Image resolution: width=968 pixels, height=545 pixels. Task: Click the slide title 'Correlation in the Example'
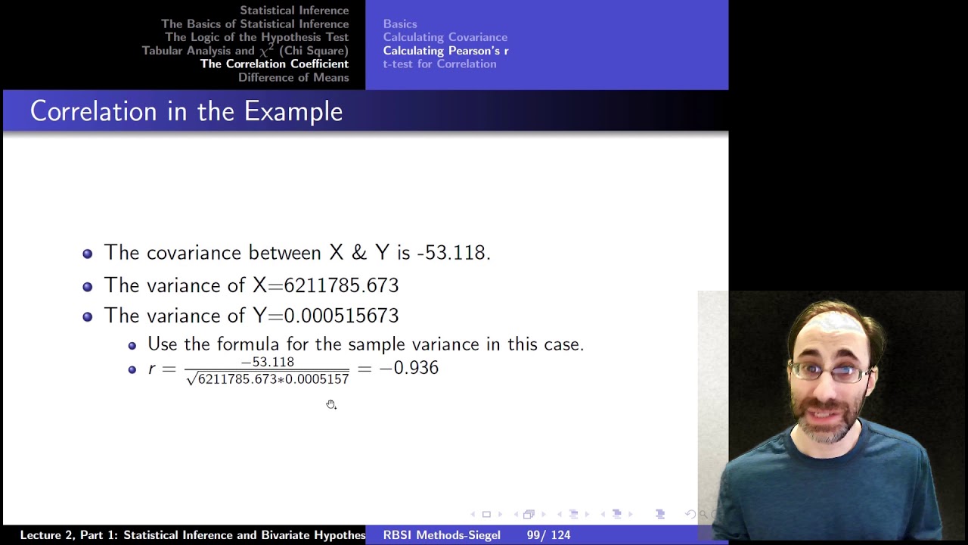click(x=186, y=111)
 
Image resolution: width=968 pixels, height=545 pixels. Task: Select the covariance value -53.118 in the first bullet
click(x=453, y=253)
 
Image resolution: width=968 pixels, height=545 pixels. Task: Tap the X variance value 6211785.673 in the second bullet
click(x=341, y=285)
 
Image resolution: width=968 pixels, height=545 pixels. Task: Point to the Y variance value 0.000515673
click(x=341, y=316)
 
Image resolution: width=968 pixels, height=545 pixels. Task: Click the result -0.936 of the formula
click(x=408, y=368)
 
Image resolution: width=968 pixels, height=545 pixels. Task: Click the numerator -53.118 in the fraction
click(x=268, y=362)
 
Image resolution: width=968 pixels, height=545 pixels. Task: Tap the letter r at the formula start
click(x=151, y=369)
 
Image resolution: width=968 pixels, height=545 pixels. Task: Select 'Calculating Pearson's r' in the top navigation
click(x=445, y=51)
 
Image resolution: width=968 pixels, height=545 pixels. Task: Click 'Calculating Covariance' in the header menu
click(x=445, y=37)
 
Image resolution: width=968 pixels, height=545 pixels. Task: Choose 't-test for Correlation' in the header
click(x=439, y=64)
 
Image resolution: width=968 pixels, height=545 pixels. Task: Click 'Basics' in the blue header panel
click(x=399, y=24)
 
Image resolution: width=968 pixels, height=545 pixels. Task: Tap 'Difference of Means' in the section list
click(x=293, y=78)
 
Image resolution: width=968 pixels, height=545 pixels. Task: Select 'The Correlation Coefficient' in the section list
click(x=274, y=64)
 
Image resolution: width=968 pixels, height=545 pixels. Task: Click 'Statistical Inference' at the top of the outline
click(x=294, y=11)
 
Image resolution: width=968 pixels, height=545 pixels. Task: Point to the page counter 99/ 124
click(x=548, y=535)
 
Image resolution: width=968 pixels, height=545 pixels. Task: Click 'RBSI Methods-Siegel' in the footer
click(x=442, y=535)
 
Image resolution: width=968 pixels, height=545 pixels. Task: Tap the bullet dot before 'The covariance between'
click(x=88, y=254)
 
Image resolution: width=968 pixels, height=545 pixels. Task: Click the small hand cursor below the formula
click(x=331, y=405)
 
